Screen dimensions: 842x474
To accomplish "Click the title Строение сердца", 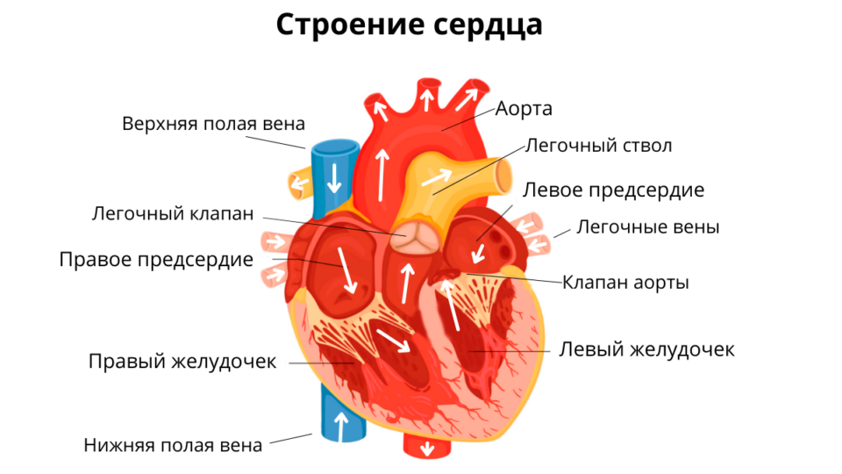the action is pyautogui.click(x=409, y=25).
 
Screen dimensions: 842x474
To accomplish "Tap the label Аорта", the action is pyautogui.click(x=524, y=109).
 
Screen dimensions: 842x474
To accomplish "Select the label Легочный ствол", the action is pyautogui.click(x=599, y=145).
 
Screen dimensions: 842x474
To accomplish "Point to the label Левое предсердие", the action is pyautogui.click(x=613, y=190).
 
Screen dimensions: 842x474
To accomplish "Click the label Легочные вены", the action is pyautogui.click(x=647, y=227).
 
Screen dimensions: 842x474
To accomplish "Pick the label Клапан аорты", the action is pyautogui.click(x=625, y=283).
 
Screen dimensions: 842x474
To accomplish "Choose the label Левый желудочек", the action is pyautogui.click(x=646, y=349).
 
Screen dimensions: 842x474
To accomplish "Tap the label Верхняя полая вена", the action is pyautogui.click(x=213, y=123).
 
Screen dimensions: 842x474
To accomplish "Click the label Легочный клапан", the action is pyautogui.click(x=173, y=213).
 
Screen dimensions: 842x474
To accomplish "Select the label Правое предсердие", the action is pyautogui.click(x=156, y=260).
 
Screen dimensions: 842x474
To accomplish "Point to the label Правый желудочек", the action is pyautogui.click(x=182, y=361).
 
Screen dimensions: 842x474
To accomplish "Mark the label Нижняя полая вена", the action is pyautogui.click(x=173, y=445).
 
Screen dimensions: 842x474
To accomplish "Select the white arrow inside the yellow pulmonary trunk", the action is pyautogui.click(x=435, y=179).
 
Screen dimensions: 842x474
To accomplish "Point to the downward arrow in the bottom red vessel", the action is pyautogui.click(x=428, y=449).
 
